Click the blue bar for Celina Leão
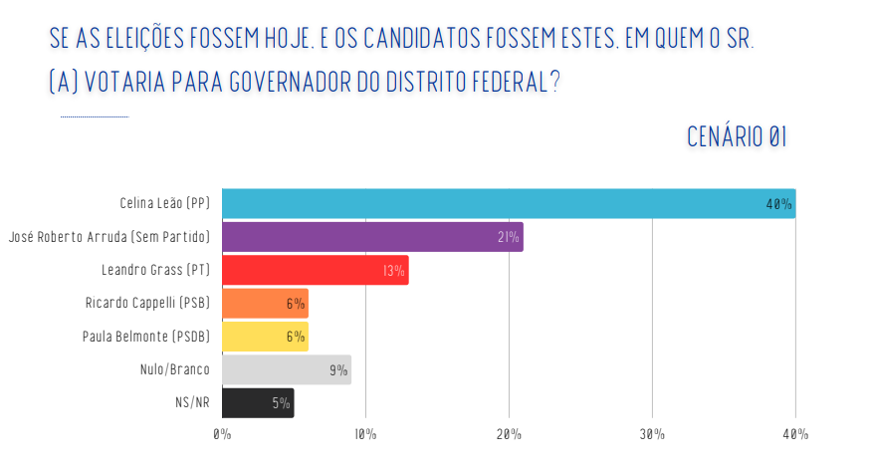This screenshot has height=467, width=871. pyautogui.click(x=508, y=203)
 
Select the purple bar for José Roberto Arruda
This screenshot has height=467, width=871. pyautogui.click(x=371, y=237)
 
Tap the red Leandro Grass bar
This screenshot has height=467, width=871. pyautogui.click(x=315, y=270)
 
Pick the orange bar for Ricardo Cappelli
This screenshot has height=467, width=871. pyautogui.click(x=265, y=303)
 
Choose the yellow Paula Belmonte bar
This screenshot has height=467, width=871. pyautogui.click(x=265, y=337)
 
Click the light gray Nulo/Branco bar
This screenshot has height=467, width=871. pyautogui.click(x=286, y=369)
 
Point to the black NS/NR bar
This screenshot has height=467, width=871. pyautogui.click(x=258, y=403)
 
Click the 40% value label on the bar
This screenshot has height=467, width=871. pyautogui.click(x=778, y=204)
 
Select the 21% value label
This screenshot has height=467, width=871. pyautogui.click(x=509, y=237)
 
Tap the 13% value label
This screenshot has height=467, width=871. pyautogui.click(x=394, y=271)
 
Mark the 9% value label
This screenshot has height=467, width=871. pyautogui.click(x=338, y=370)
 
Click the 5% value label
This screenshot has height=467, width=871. pyautogui.click(x=281, y=403)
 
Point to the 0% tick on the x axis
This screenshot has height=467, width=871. pyautogui.click(x=222, y=434)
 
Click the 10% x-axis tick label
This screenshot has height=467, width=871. pyautogui.click(x=365, y=434)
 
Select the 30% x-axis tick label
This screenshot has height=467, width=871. pyautogui.click(x=652, y=434)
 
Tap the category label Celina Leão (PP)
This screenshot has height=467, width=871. pyautogui.click(x=164, y=203)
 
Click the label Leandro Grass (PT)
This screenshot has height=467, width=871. pyautogui.click(x=155, y=270)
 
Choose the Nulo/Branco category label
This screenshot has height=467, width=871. pyautogui.click(x=175, y=369)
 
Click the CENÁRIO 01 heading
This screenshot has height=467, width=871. pyautogui.click(x=737, y=137)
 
